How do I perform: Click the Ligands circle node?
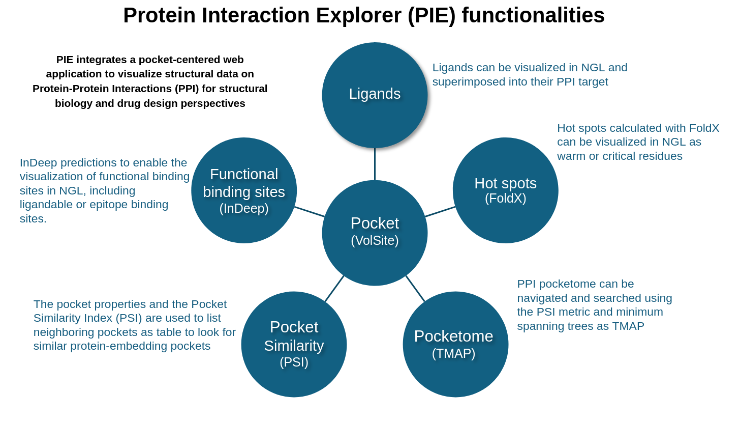coord(375,95)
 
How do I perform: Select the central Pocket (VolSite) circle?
coord(375,233)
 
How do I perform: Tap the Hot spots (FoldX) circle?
coord(505,190)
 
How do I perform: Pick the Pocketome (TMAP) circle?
coord(455,344)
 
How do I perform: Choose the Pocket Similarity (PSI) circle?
coord(294,344)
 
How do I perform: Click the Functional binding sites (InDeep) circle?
coord(244,190)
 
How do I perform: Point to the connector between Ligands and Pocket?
coord(375,164)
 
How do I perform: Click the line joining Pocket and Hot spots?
coord(440,212)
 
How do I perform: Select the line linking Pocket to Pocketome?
coord(415,289)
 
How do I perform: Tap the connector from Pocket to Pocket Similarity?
coord(334,289)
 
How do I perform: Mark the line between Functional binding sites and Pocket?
coord(310,212)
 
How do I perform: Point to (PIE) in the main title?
coord(431,15)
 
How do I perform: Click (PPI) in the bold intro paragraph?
coord(186,89)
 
